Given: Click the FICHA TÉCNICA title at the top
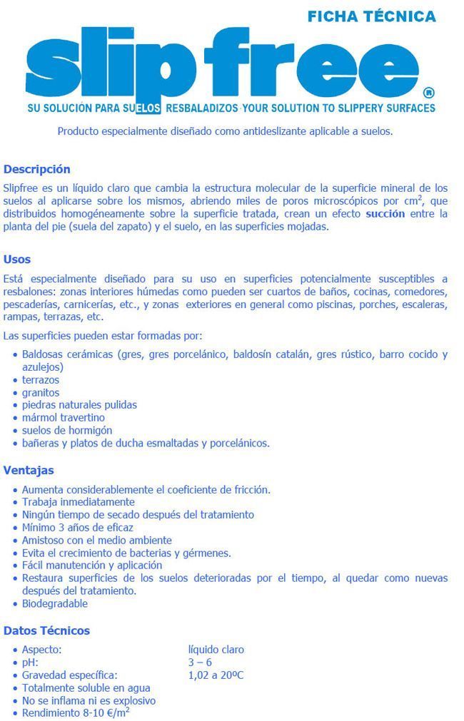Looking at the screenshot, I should click(371, 16).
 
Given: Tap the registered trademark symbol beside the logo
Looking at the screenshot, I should click(428, 93).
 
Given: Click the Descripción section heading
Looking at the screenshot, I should click(37, 169).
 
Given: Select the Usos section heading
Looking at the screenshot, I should click(17, 259).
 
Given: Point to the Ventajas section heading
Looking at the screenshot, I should click(29, 470).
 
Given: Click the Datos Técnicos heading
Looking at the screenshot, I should click(46, 630).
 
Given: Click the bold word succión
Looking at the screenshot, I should click(385, 213).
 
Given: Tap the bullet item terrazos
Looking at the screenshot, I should click(41, 380).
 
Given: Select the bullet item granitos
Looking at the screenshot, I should click(41, 392).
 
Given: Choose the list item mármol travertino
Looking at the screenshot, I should click(64, 417).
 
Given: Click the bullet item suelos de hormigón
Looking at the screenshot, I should click(67, 430).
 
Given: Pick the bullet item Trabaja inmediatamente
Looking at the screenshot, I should click(78, 502).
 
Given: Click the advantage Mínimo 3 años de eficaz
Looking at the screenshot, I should click(78, 527).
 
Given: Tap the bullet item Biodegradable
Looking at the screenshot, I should click(55, 603).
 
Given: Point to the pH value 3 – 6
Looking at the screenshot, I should click(200, 663).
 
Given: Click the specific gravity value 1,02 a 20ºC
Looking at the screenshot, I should click(216, 675).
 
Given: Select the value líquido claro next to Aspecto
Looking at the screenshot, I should click(216, 650).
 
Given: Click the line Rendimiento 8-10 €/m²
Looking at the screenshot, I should click(76, 712).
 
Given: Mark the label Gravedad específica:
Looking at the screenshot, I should click(69, 675).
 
